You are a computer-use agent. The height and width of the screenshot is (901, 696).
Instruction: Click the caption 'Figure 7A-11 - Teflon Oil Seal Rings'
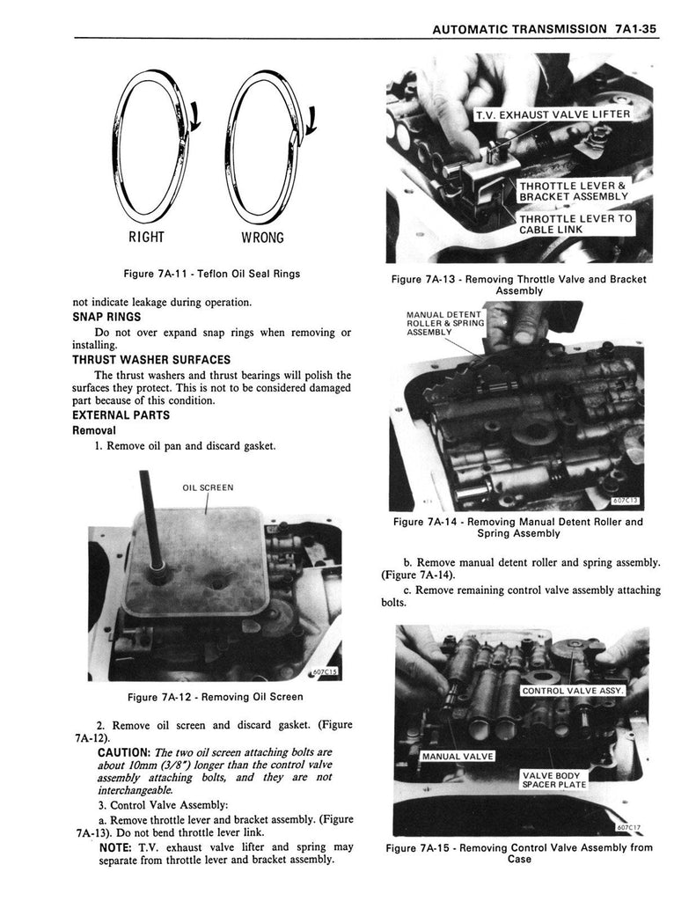[x=212, y=274]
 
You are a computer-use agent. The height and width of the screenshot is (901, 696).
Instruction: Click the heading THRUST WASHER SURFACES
[x=150, y=360]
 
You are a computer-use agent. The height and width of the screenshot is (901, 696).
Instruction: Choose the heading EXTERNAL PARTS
[x=121, y=416]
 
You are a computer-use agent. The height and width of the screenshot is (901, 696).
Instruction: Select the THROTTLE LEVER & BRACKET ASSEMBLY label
[x=573, y=191]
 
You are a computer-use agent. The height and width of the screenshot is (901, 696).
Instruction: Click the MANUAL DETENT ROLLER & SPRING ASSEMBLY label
[x=444, y=323]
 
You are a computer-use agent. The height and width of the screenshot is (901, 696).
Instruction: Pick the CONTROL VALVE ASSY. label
[x=573, y=691]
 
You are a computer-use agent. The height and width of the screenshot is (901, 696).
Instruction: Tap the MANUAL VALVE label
[x=458, y=757]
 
